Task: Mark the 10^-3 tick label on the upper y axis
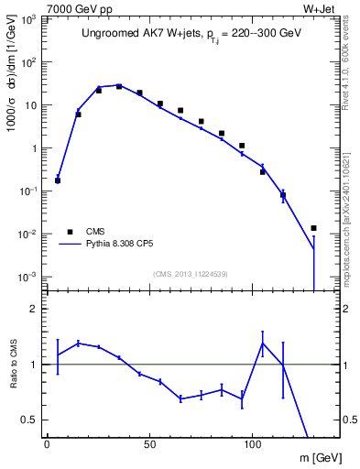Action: point(27,277)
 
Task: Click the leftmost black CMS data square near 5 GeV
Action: point(58,180)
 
